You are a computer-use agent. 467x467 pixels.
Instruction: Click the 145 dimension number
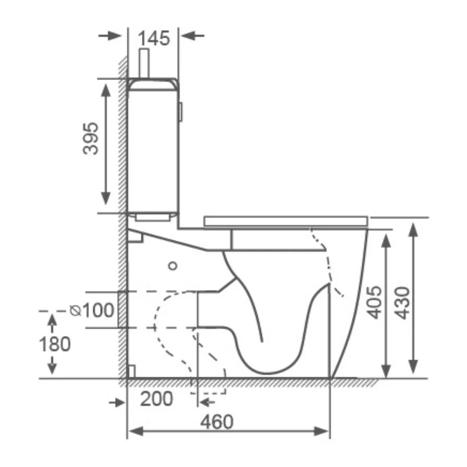[x=154, y=38]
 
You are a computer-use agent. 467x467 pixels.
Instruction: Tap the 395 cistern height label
[x=91, y=139]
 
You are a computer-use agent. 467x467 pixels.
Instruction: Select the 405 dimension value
[x=374, y=303]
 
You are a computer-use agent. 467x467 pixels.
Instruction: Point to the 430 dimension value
[x=402, y=303]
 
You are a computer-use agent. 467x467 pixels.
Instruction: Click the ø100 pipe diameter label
[x=92, y=310]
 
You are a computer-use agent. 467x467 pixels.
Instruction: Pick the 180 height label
[x=55, y=344]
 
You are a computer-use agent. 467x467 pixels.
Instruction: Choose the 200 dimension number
[x=156, y=399]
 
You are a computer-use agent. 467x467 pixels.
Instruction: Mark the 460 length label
[x=217, y=422]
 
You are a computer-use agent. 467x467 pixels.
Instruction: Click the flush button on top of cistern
[x=145, y=63]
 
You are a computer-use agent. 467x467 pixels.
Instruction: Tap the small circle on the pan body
[x=173, y=266]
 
